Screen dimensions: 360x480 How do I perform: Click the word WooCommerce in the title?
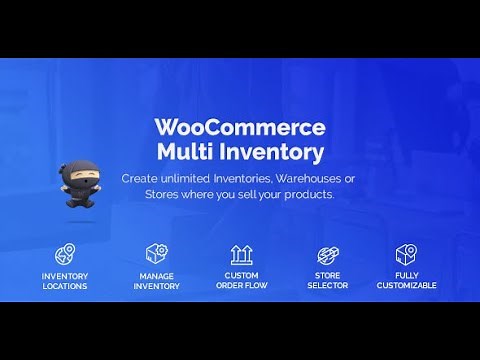click(x=240, y=129)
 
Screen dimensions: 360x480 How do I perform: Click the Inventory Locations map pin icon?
click(x=64, y=254)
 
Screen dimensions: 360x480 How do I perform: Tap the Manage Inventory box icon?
click(x=156, y=254)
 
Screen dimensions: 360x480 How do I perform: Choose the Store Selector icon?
click(x=326, y=254)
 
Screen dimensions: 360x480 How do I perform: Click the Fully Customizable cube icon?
click(x=406, y=254)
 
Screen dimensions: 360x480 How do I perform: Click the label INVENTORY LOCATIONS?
click(x=64, y=281)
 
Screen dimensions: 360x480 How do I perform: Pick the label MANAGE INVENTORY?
click(x=156, y=281)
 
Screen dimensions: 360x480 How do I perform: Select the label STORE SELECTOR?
click(x=326, y=281)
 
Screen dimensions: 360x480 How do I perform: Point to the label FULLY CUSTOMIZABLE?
click(x=406, y=281)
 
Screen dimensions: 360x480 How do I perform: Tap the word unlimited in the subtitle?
click(x=187, y=178)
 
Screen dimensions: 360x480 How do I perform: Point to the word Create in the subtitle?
click(x=141, y=178)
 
